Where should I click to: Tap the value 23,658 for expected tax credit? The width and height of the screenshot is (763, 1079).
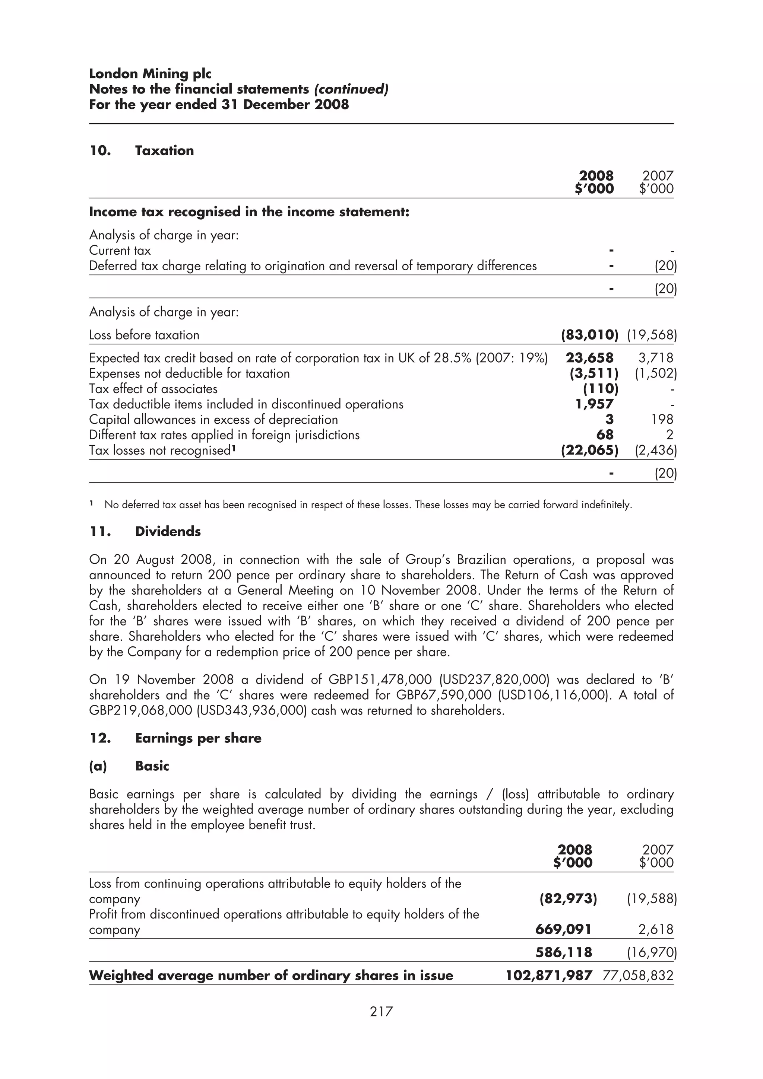click(589, 358)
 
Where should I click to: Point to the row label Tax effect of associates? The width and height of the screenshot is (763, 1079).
click(153, 389)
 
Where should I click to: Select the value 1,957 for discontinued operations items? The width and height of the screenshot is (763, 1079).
click(594, 404)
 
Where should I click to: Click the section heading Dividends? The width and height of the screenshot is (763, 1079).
click(168, 532)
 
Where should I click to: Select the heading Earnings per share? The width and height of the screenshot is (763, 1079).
click(198, 738)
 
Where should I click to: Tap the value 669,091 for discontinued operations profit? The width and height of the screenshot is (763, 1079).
click(563, 930)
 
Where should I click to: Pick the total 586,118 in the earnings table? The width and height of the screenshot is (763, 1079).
click(564, 952)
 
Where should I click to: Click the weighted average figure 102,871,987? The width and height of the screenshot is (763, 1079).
click(549, 975)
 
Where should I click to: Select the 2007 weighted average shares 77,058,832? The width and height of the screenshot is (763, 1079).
click(637, 975)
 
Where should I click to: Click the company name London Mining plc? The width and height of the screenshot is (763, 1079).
click(150, 74)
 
